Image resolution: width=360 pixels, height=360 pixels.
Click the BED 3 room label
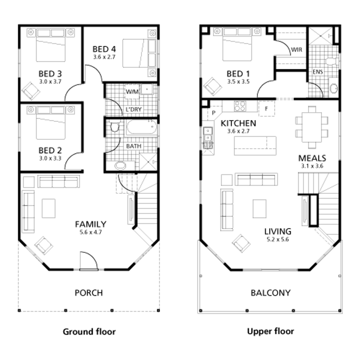50,74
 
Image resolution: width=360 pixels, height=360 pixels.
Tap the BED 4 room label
104,49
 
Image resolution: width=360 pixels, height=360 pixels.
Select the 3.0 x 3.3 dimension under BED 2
50,158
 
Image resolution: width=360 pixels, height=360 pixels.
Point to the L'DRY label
133,109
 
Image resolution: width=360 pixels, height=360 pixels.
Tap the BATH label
134,146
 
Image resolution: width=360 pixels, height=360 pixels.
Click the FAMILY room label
91,224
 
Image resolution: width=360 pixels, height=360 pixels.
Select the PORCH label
89,293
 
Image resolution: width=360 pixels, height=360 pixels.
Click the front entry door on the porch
88,262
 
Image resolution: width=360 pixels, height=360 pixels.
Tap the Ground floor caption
89,332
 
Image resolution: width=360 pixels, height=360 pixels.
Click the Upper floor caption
270,331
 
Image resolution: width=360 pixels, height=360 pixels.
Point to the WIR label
296,50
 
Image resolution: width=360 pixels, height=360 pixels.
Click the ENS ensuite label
318,72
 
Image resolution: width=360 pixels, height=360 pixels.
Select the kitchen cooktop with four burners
240,106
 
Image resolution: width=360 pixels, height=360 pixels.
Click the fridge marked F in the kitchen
266,108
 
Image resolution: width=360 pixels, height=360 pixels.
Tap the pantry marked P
214,113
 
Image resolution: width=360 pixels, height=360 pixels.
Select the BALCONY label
270,293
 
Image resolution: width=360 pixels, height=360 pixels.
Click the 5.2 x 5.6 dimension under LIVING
278,240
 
